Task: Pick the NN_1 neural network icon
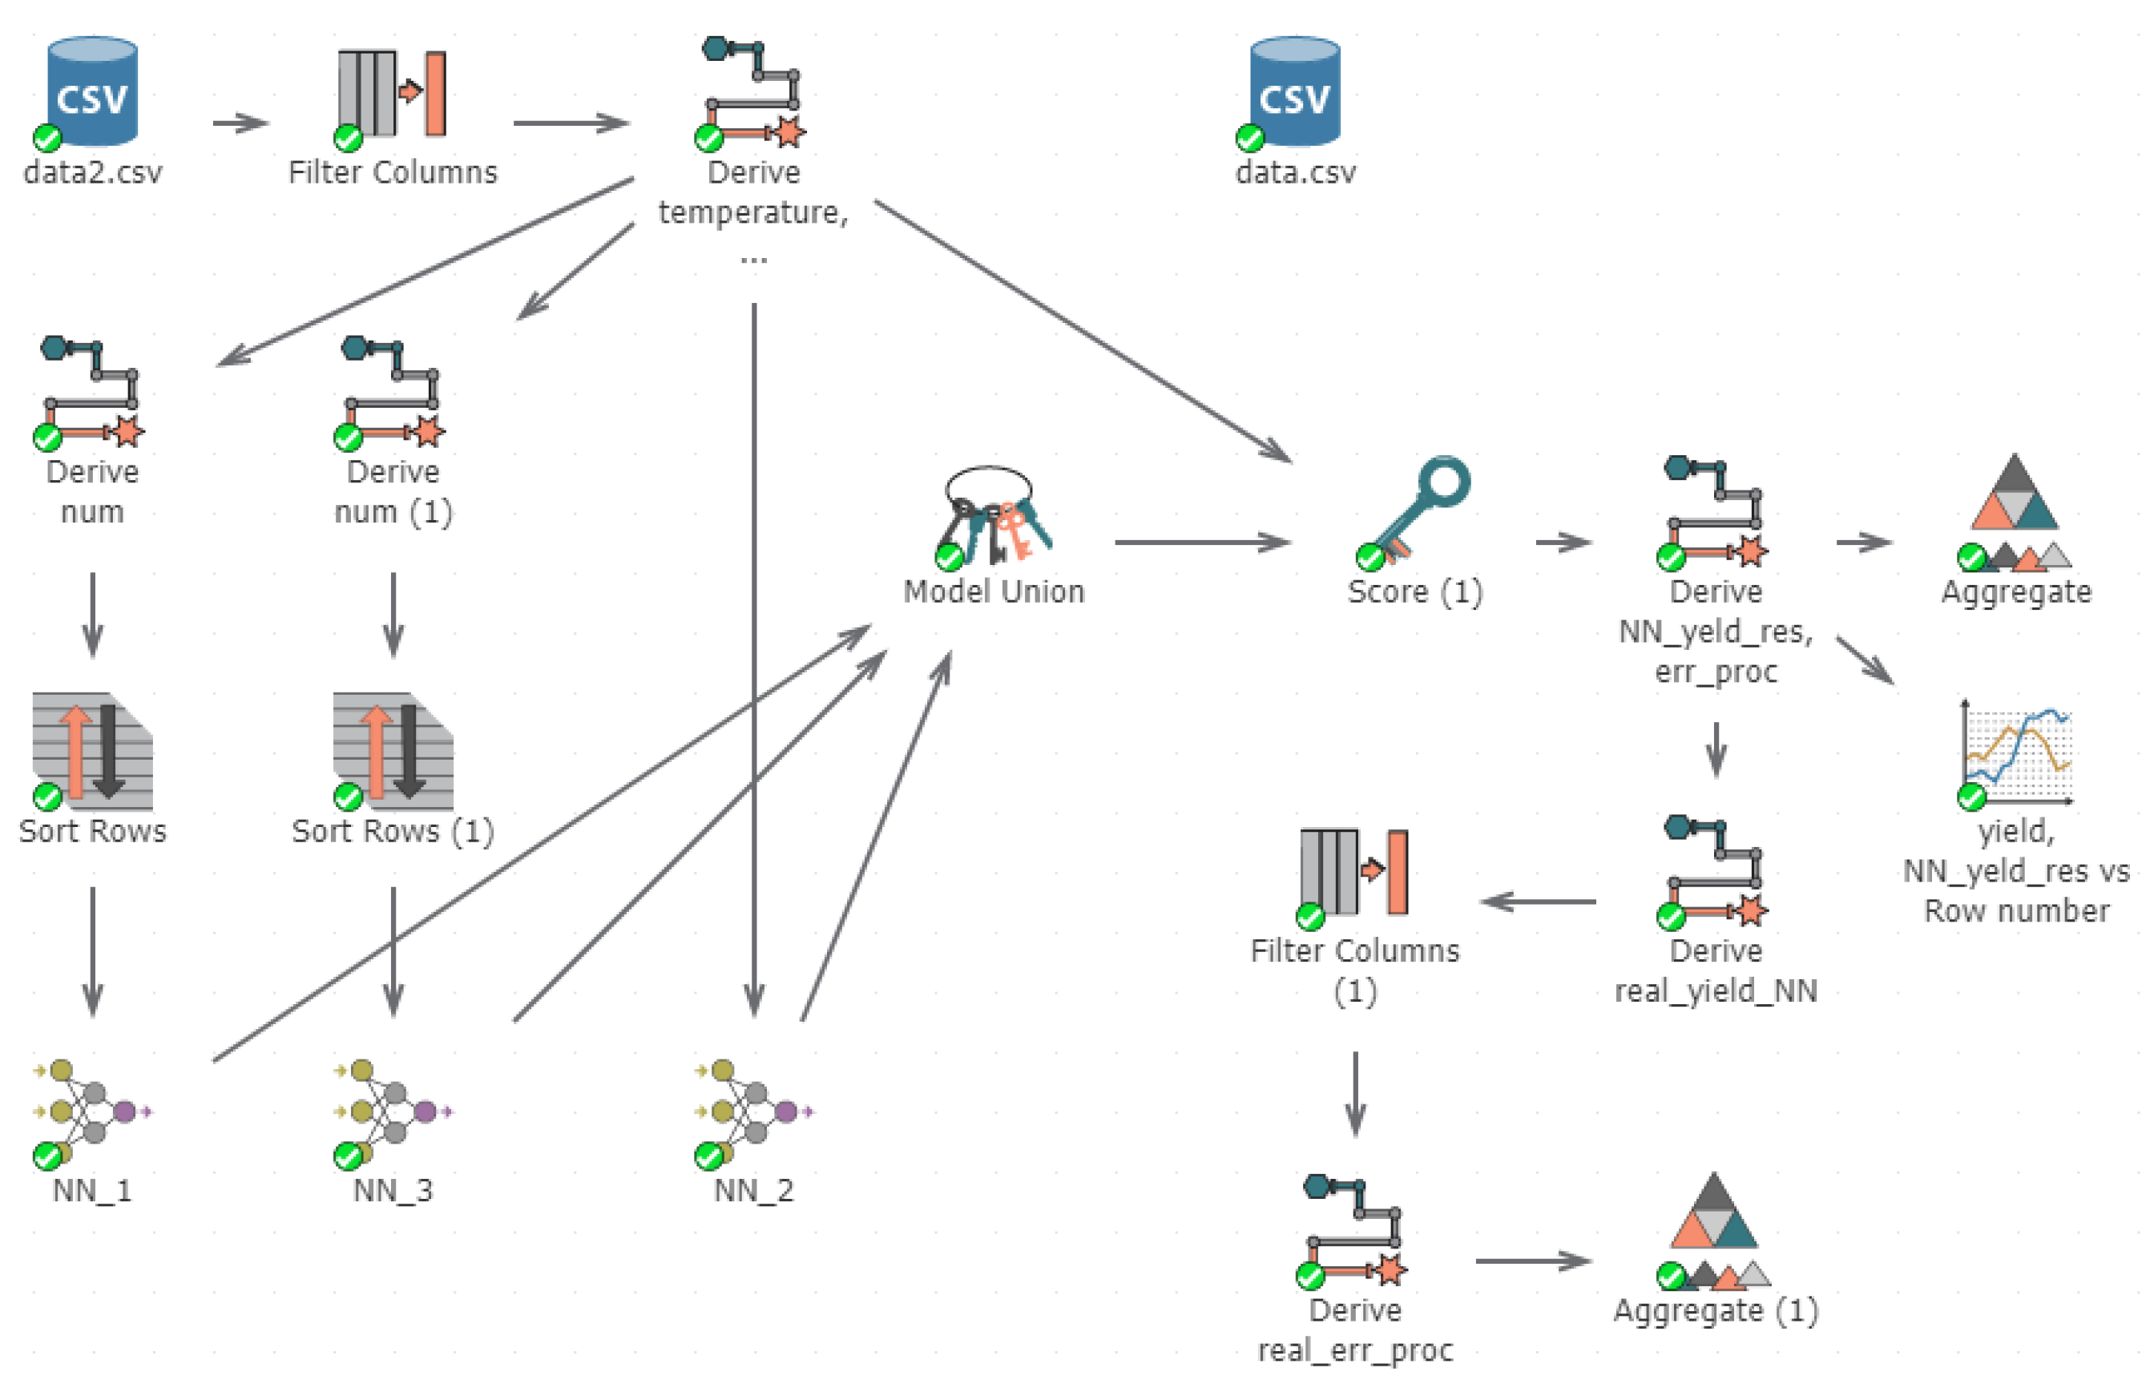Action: tap(91, 1111)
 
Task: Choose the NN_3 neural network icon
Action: tap(393, 1111)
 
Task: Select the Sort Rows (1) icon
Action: tap(393, 750)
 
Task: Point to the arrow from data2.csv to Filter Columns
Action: tap(240, 123)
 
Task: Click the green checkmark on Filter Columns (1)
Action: tap(1309, 917)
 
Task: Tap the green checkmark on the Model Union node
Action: tap(948, 557)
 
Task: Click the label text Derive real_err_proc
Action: tap(1354, 1329)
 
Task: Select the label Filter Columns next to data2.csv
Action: tap(393, 171)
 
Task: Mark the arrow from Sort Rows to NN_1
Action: tap(92, 951)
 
